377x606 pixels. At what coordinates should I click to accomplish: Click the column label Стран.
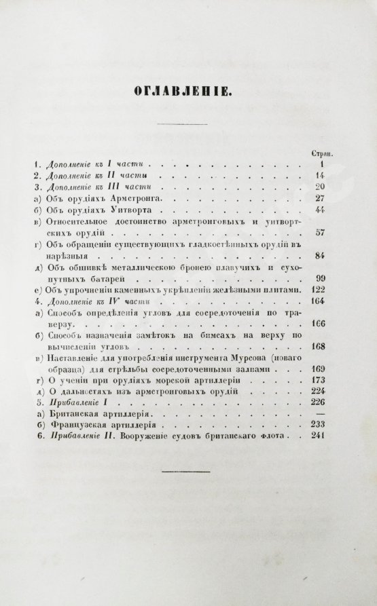click(x=329, y=153)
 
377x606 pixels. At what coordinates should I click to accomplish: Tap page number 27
click(x=331, y=199)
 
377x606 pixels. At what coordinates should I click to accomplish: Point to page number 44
click(x=331, y=210)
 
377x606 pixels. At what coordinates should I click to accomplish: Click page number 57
click(x=331, y=233)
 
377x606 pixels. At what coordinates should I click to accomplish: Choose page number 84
click(x=331, y=257)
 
